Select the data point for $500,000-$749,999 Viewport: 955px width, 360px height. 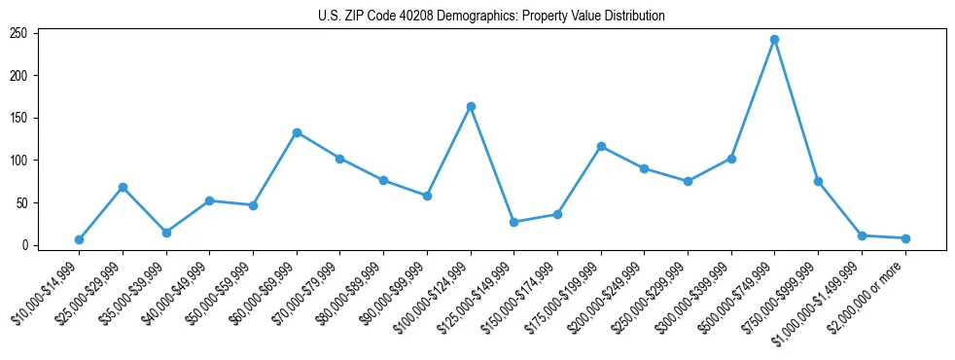pos(774,39)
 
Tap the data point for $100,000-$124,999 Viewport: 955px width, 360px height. pos(471,106)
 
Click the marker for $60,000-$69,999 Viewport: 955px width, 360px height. pos(297,132)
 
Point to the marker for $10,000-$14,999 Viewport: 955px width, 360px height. pos(79,239)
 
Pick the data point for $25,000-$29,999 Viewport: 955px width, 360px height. pos(123,187)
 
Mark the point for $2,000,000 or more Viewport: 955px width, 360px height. pos(905,238)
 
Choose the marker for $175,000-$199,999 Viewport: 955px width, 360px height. pos(601,146)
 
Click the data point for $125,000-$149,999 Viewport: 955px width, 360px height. pos(513,222)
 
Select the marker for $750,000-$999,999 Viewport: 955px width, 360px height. pos(818,181)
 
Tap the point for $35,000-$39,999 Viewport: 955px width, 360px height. pos(166,233)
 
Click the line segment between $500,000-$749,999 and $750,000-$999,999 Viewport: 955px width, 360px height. pos(796,110)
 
